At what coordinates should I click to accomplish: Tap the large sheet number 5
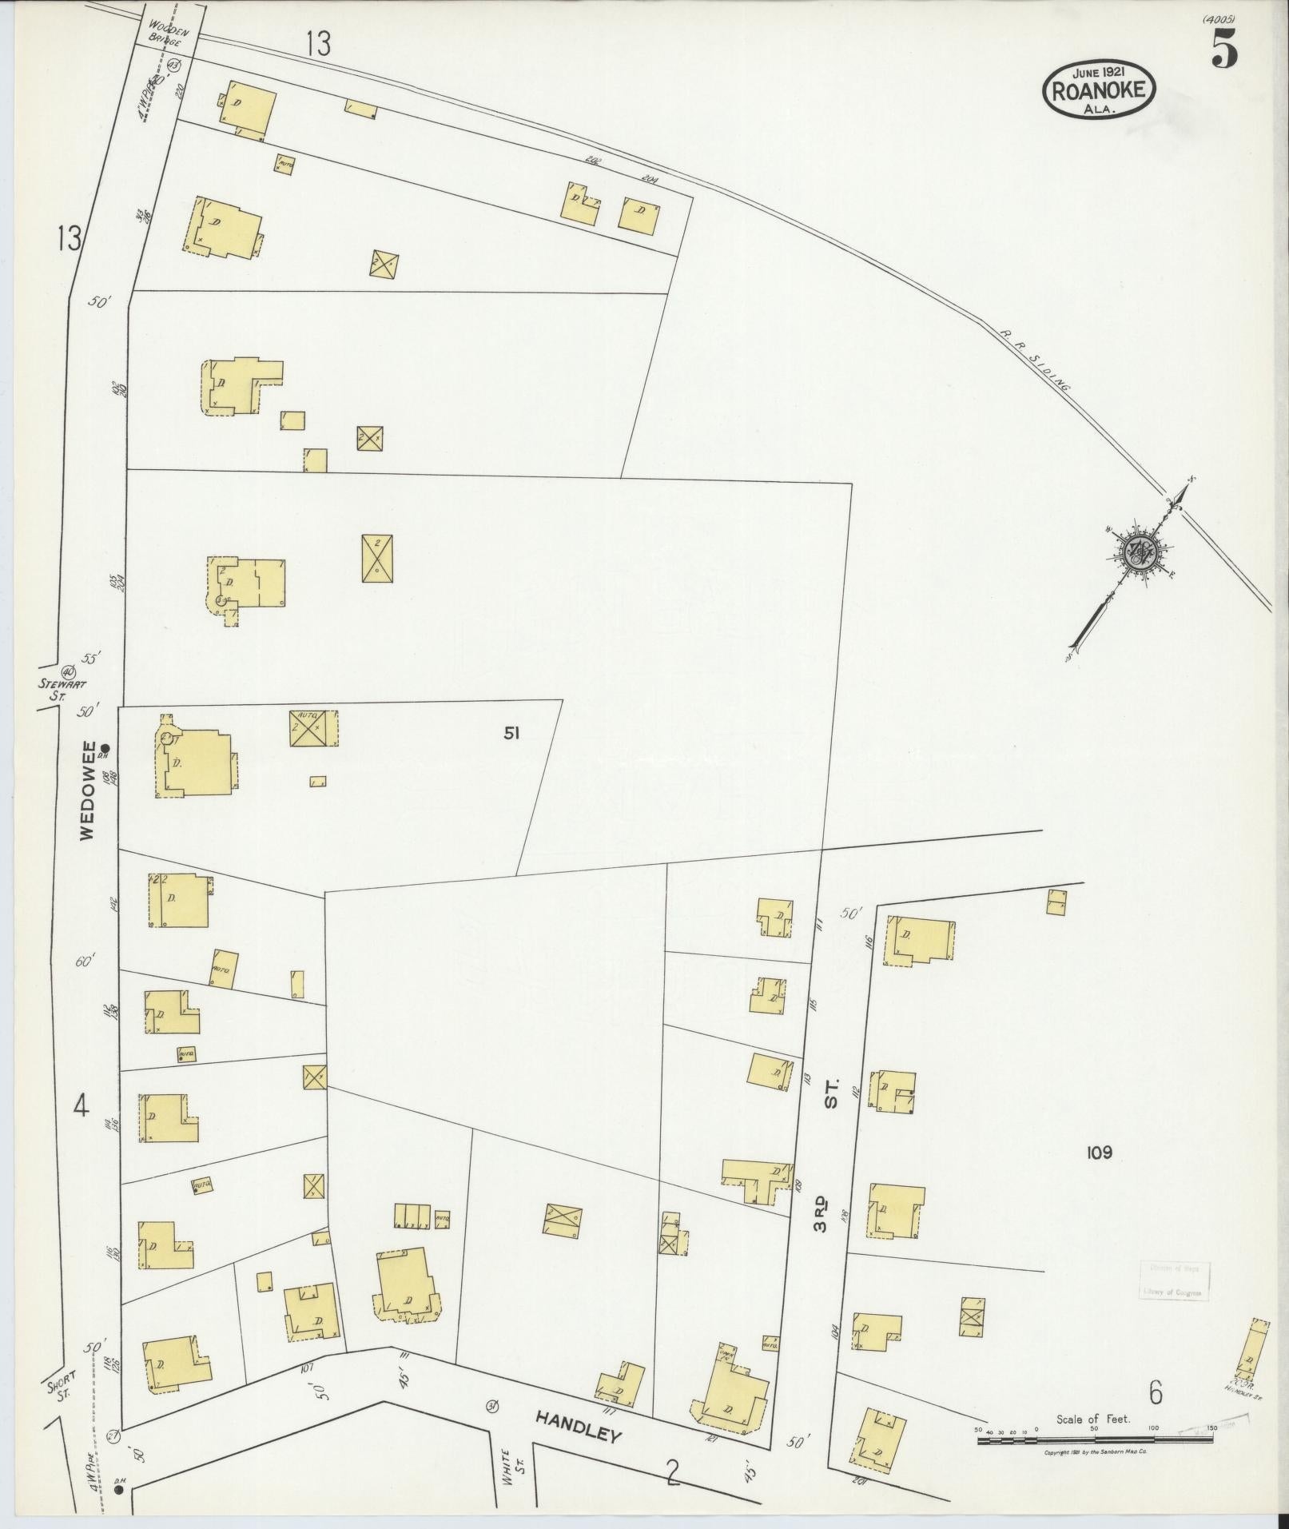tap(1224, 50)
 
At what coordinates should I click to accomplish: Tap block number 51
tap(511, 733)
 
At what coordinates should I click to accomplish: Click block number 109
tap(1099, 1152)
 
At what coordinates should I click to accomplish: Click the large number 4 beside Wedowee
tap(80, 1107)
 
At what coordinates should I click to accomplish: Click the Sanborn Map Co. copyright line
tap(1096, 1451)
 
